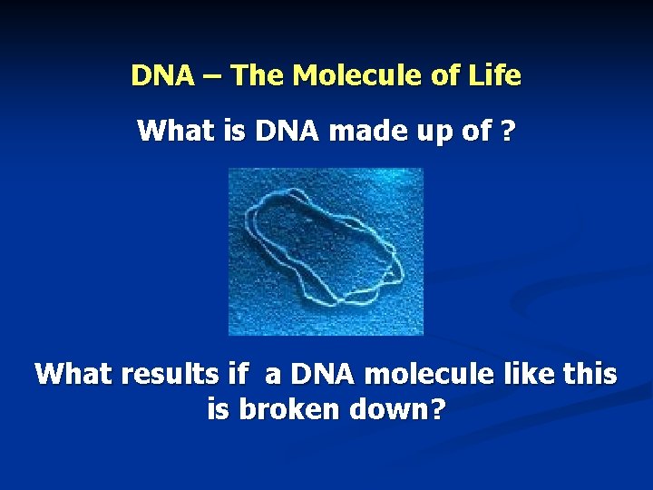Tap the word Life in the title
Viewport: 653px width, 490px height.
(x=496, y=75)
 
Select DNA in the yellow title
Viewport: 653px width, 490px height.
(x=163, y=75)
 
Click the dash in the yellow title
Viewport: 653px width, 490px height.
(x=212, y=76)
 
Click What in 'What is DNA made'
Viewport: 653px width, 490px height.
(x=166, y=132)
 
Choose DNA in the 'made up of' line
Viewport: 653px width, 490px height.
(x=288, y=132)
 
